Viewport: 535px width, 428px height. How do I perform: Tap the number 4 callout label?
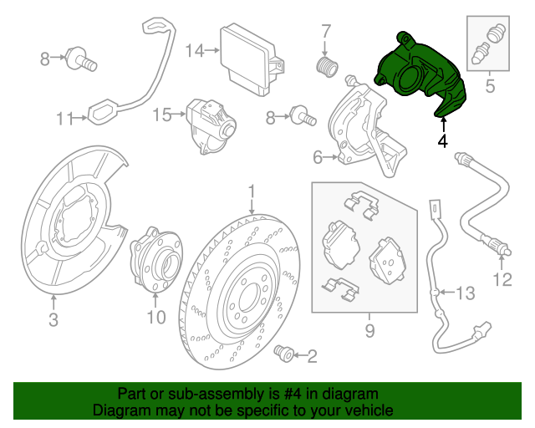pos(442,141)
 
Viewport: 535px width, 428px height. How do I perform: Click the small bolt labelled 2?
pos(283,354)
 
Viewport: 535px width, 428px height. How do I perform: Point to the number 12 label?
pos(502,279)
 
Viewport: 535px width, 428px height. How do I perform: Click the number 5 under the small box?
pos(490,85)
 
